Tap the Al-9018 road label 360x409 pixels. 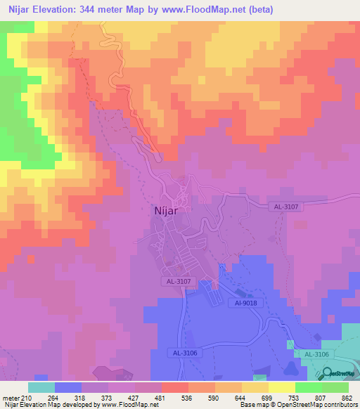[245, 302]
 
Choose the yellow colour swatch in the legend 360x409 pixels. [255, 387]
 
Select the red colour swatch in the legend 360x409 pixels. [174, 387]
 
